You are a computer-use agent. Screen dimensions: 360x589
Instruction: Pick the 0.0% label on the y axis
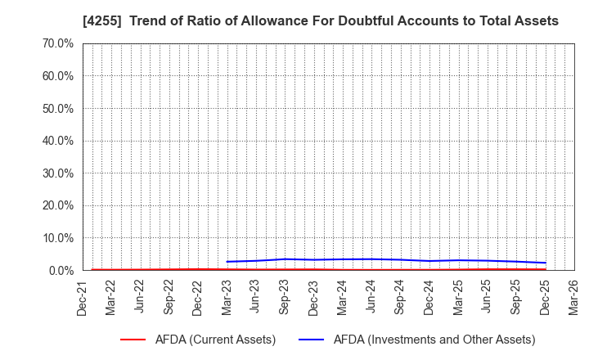(60, 271)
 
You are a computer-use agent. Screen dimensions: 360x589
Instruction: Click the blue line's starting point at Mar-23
(227, 262)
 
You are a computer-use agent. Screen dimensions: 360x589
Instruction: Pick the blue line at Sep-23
(285, 259)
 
